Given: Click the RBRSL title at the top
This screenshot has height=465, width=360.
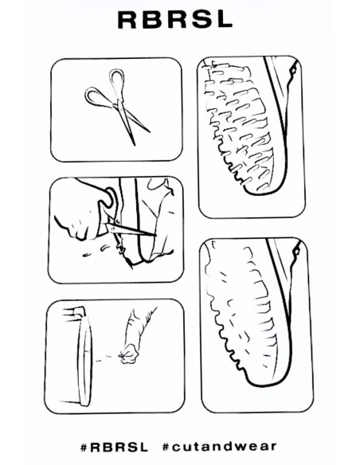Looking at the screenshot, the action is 175,20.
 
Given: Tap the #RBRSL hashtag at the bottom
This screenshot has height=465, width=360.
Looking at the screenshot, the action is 114,447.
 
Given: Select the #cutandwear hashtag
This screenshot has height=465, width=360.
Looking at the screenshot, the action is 220,447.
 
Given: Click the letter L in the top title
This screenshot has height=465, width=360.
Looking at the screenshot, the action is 223,20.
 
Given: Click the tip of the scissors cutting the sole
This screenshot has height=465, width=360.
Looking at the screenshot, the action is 156,236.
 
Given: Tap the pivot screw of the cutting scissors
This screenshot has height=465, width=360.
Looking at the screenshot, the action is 116,221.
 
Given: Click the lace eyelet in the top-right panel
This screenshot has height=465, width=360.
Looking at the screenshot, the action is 293,71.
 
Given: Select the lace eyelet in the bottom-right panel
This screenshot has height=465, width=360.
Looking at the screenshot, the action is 295,252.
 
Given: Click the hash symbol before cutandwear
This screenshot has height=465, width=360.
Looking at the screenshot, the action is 166,447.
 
